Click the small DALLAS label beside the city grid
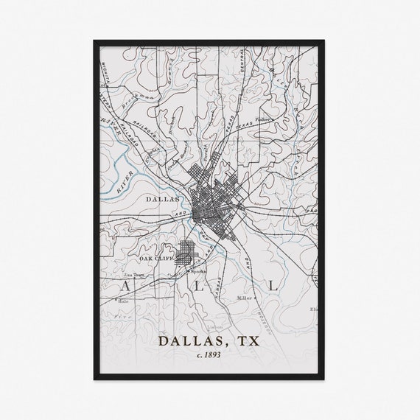163,199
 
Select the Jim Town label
132,273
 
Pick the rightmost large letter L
273,284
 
